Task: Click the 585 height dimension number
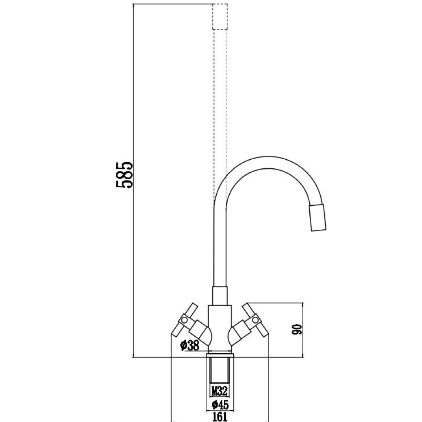point(124,175)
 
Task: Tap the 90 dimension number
point(298,330)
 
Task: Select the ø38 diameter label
point(189,346)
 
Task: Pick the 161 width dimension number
point(220,417)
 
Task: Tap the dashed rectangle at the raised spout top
point(220,17)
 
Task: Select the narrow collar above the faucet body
point(220,296)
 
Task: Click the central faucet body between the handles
point(220,326)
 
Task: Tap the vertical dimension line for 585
point(132,261)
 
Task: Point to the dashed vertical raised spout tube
point(220,109)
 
